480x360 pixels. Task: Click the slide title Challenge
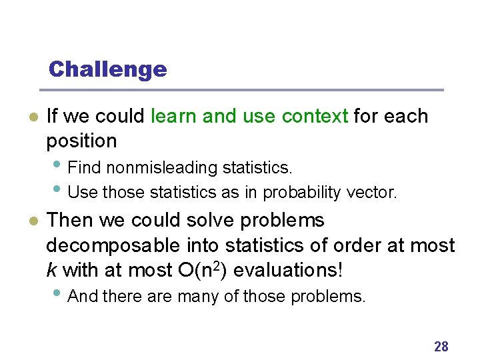pos(107,69)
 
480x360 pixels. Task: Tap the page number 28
pos(441,346)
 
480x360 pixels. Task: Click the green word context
pos(315,116)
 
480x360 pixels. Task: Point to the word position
pos(81,141)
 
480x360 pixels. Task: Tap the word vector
pos(371,193)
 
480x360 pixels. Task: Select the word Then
pos(67,220)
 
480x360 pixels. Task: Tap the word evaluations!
pos(276,270)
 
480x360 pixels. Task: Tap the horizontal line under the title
pos(241,90)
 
